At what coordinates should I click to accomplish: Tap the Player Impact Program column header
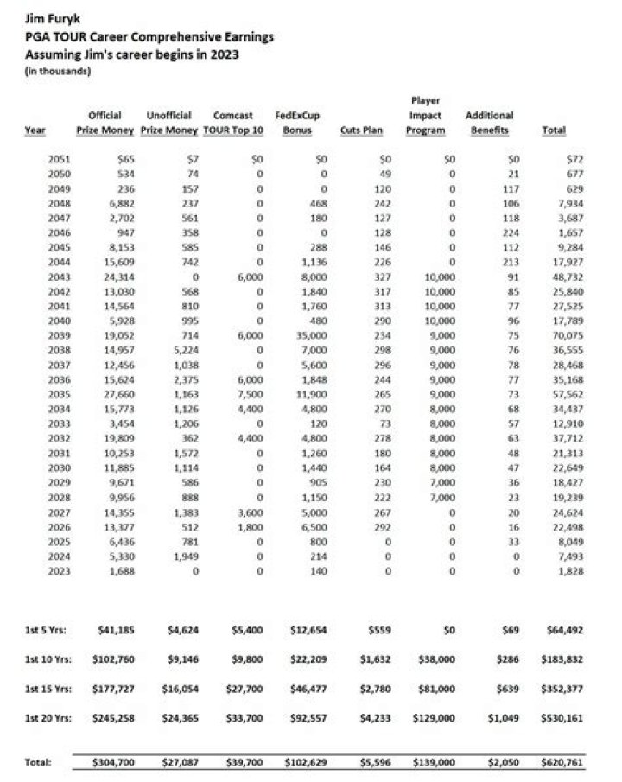pyautogui.click(x=426, y=116)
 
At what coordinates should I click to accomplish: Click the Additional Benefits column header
pyautogui.click(x=489, y=123)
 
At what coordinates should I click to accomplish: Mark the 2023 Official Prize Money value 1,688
pyautogui.click(x=121, y=572)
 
